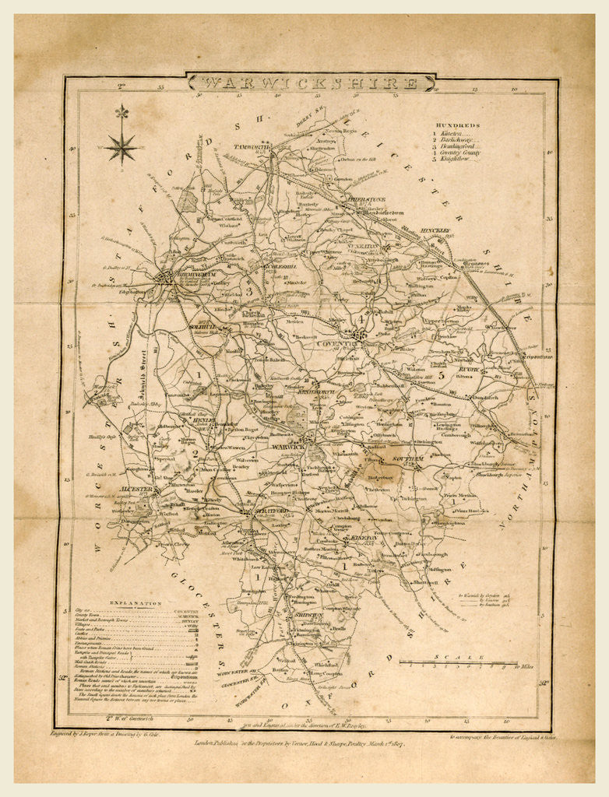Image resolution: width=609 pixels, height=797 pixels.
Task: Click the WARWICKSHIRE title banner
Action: pyautogui.click(x=310, y=83)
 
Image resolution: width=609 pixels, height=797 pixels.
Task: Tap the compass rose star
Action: pyautogui.click(x=121, y=146)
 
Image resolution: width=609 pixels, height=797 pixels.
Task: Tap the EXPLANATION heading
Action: pyautogui.click(x=136, y=603)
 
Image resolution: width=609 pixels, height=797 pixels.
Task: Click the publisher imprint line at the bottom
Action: pyautogui.click(x=304, y=743)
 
